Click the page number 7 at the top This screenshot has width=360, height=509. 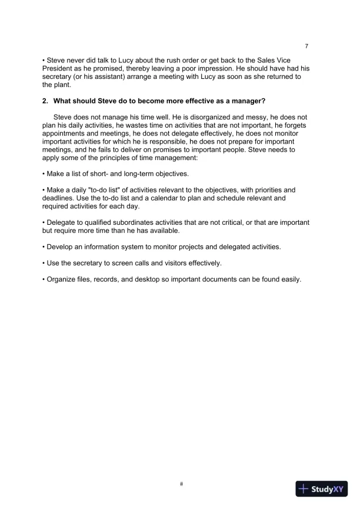pos(306,46)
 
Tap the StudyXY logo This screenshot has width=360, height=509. pos(322,488)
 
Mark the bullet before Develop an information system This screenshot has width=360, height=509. pos(44,247)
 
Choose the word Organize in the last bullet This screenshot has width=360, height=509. pos(62,280)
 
